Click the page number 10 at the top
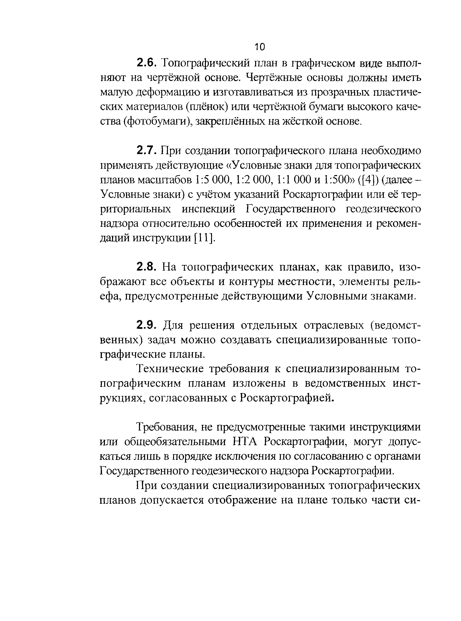click(260, 47)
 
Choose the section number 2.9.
click(145, 325)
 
